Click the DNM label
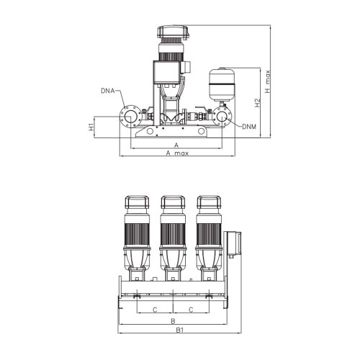pyautogui.click(x=248, y=127)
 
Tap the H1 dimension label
pyautogui.click(x=91, y=127)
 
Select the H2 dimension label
pyautogui.click(x=257, y=103)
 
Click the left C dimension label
pyautogui.click(x=155, y=309)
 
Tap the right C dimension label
pyautogui.click(x=190, y=309)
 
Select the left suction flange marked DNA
pyautogui.click(x=129, y=117)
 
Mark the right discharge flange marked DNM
pyautogui.click(x=222, y=117)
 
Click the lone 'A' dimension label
pyautogui.click(x=176, y=144)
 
